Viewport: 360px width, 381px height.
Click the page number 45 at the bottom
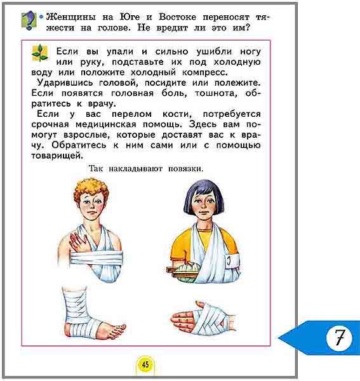(145, 364)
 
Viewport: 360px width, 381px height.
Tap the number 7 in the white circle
(340, 338)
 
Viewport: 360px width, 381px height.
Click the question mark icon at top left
(29, 20)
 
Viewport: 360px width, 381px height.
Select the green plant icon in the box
(40, 53)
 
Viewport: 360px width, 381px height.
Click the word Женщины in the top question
(70, 17)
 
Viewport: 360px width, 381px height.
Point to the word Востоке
(177, 17)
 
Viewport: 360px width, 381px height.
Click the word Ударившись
(65, 83)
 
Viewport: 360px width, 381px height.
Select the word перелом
(131, 114)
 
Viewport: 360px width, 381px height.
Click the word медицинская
(105, 124)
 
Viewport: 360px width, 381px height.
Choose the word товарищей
(57, 156)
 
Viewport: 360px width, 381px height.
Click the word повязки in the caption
(185, 169)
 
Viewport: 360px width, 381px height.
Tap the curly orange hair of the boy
(91, 189)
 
